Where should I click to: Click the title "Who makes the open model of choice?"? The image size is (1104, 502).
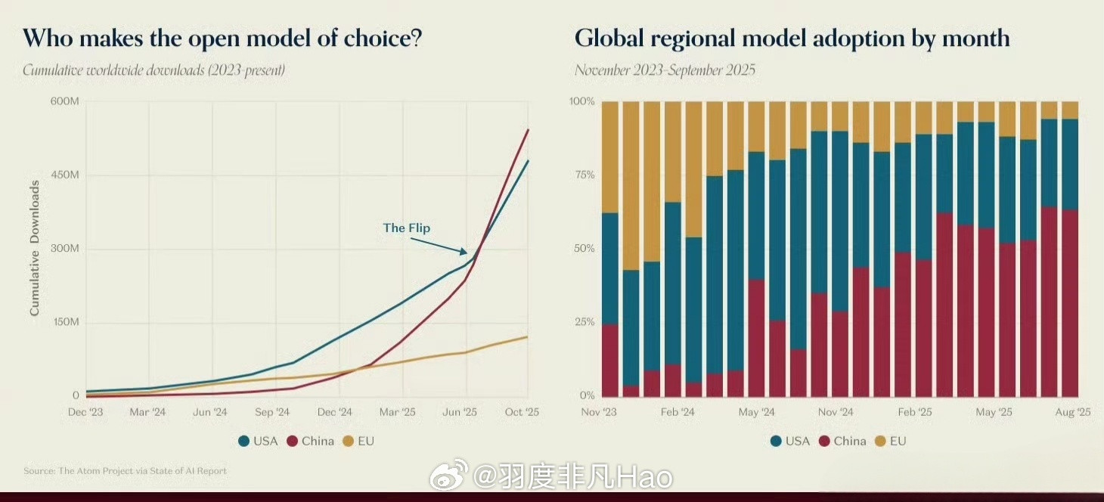(222, 39)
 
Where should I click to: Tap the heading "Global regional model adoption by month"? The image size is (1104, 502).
(792, 39)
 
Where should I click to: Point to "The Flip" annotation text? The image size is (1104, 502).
(406, 228)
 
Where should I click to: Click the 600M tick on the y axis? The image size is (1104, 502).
(64, 101)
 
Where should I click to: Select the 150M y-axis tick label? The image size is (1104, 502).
(64, 322)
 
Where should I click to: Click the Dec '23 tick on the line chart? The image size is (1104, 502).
(85, 412)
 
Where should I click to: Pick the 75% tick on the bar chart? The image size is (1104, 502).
(582, 175)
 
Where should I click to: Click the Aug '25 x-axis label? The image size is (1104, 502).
(1073, 412)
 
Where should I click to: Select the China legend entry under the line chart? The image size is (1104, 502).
(310, 441)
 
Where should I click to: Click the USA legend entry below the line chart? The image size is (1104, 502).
(258, 441)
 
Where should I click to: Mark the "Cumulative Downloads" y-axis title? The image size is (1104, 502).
(35, 249)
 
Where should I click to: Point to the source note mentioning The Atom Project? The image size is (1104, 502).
(125, 471)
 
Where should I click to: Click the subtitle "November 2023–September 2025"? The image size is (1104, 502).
(665, 71)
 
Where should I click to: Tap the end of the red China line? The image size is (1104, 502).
(528, 130)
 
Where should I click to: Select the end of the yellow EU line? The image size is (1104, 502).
(528, 336)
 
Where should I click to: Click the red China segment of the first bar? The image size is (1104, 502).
(609, 360)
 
